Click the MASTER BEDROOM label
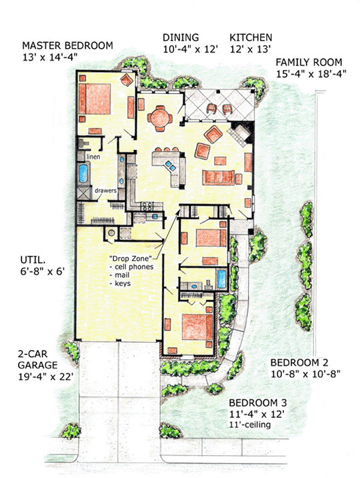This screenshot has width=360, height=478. (68, 46)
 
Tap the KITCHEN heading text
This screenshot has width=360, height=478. (251, 37)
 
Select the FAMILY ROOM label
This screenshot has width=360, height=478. (309, 62)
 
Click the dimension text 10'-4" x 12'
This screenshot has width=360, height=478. (191, 49)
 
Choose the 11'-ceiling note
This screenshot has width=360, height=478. (250, 425)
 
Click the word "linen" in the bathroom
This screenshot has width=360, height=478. (93, 157)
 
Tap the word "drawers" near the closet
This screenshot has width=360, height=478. (106, 190)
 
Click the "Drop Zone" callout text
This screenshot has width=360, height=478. (131, 259)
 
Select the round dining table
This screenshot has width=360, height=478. (160, 118)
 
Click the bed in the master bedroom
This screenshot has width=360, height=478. (94, 99)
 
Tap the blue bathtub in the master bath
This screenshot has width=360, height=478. (83, 173)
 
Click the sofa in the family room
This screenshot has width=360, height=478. (218, 177)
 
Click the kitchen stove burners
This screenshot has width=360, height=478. (147, 207)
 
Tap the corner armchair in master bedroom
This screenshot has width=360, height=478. (127, 80)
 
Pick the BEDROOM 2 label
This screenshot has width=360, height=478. (299, 363)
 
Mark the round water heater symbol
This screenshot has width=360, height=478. (112, 232)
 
